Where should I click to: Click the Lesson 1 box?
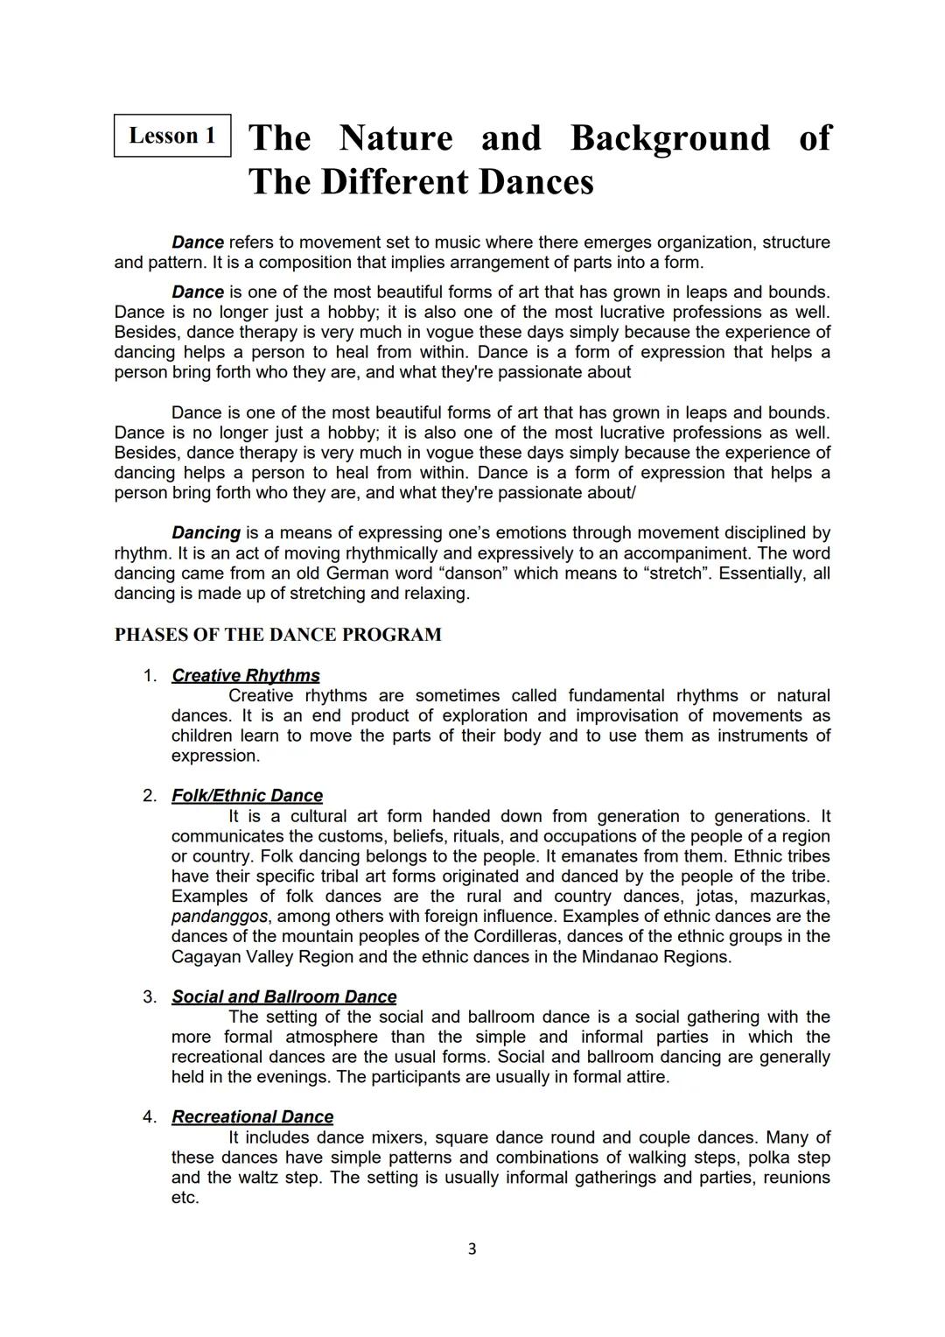(x=172, y=136)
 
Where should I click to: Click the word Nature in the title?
(x=395, y=138)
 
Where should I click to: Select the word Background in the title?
(x=670, y=138)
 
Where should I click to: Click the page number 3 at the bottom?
(x=472, y=1249)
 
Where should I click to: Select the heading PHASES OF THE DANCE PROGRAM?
(x=277, y=635)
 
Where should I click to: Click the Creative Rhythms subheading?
(x=245, y=675)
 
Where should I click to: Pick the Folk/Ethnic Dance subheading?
(x=247, y=796)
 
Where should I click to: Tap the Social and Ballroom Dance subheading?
(x=283, y=996)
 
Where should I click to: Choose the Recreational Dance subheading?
(x=252, y=1117)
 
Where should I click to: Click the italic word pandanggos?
(x=220, y=917)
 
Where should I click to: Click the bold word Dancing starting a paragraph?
(x=206, y=533)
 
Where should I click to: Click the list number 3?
(x=149, y=997)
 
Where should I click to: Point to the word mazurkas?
(x=788, y=897)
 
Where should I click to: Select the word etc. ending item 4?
(x=185, y=1198)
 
